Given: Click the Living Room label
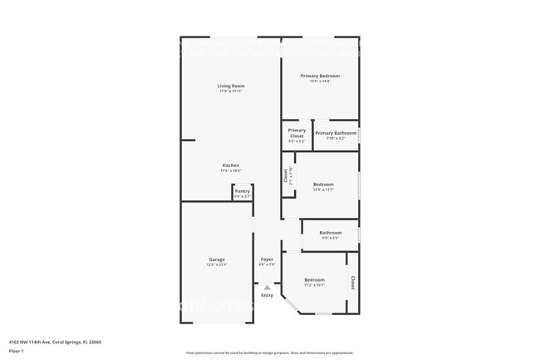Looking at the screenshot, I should coord(230,86).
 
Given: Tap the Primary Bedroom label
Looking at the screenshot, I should coord(320,76).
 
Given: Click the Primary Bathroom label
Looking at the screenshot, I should coord(336,133).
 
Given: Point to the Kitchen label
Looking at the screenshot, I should coord(230,165).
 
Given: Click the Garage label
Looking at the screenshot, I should coord(216,259).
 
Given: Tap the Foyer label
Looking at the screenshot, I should coord(267,259).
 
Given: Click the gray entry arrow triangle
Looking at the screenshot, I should coord(267,288).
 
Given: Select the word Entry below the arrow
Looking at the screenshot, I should coord(267,295).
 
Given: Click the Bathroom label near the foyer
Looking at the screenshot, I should coord(331,232).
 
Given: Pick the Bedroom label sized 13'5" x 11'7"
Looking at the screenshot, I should coord(323,184).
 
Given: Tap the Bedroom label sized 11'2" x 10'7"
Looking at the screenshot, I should coord(314,279).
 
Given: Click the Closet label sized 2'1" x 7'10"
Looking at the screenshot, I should coord(286,175).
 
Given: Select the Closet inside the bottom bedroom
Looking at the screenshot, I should coord(351,283).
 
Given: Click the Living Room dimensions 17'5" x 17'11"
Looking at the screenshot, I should coord(230,91).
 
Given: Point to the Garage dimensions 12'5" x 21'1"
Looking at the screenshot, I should coord(216,265).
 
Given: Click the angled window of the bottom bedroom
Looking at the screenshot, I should coord(291,305).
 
